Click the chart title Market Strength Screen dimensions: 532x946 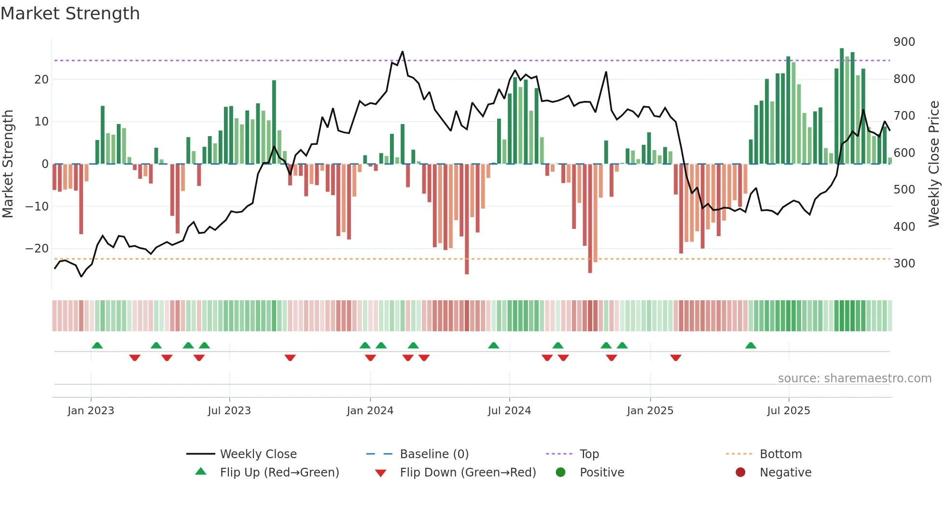coord(70,14)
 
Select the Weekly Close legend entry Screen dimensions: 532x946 coord(258,454)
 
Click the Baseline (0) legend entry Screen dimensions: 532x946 coord(434,454)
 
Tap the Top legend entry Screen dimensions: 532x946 coord(589,454)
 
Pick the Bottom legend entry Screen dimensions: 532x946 coord(780,454)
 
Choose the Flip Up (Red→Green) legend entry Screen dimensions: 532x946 coord(279,472)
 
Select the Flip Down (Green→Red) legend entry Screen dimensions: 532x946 coord(467,472)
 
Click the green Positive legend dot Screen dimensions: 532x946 coord(560,472)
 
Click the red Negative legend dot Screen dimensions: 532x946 coord(740,472)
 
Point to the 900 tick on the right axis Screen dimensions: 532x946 coord(904,42)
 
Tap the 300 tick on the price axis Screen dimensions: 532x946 coord(904,264)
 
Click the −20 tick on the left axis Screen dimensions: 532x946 coord(37,249)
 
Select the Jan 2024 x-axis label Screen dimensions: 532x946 coord(370,411)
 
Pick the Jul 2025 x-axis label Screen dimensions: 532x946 coord(789,411)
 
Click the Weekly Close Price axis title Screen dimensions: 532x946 coord(934,164)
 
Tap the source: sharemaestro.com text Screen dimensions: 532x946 coord(854,378)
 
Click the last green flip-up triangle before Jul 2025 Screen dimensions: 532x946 coord(751,345)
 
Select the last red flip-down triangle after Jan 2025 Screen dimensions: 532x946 coord(676,358)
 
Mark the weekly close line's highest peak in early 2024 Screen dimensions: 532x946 coord(403,51)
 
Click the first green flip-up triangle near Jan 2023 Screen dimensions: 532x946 coord(97,345)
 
